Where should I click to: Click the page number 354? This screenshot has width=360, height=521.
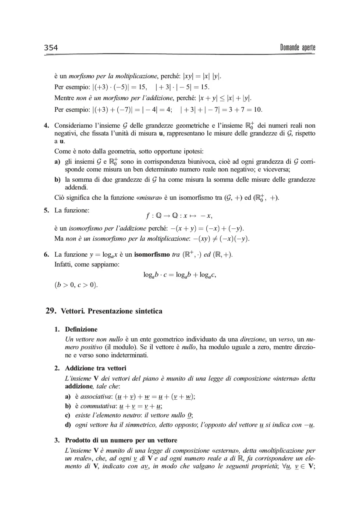[x=51, y=47]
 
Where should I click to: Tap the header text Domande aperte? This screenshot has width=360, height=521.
[x=297, y=47]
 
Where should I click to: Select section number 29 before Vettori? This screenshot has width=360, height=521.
[x=50, y=311]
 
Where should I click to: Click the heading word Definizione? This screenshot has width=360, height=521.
[x=81, y=329]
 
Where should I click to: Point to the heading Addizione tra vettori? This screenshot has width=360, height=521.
[x=96, y=368]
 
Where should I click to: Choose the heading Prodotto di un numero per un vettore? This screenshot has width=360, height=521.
[x=121, y=440]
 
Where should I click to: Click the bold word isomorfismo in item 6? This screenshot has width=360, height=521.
[x=152, y=254]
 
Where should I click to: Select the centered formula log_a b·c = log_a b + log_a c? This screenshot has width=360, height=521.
[x=179, y=275]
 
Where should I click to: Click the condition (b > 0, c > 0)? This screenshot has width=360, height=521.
[x=76, y=285]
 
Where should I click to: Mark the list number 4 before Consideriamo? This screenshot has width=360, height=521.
[x=46, y=126]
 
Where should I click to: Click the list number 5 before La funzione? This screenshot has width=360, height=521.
[x=46, y=210]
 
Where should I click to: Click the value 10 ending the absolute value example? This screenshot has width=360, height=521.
[x=257, y=110]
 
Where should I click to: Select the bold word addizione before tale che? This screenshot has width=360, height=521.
[x=79, y=386]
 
